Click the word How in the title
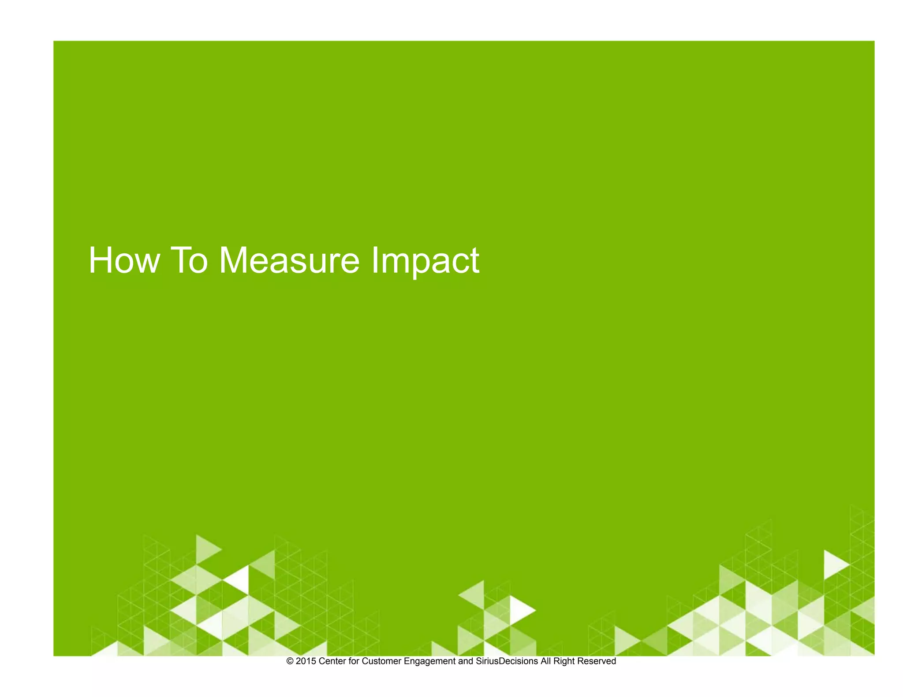point(124,260)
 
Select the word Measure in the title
point(289,260)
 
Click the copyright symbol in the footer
point(290,661)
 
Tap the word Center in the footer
point(332,661)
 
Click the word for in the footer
point(354,661)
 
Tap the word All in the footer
point(546,661)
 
